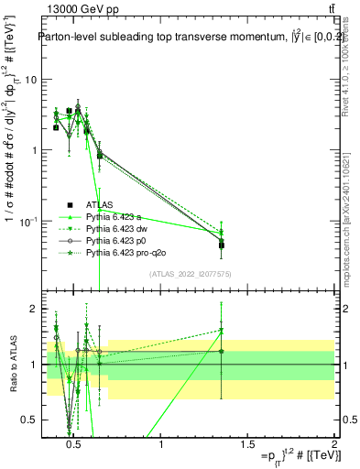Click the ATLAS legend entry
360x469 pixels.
pyautogui.click(x=101, y=204)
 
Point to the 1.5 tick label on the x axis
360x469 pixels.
pyautogui.click(x=247, y=444)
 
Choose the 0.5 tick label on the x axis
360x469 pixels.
pyautogui.click(x=75, y=444)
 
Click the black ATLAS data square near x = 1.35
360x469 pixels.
pyautogui.click(x=222, y=245)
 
